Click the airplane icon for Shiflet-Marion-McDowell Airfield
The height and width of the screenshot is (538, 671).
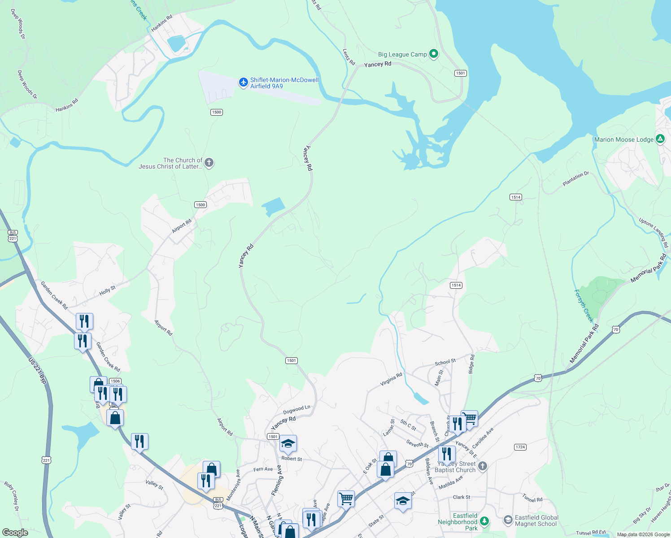coord(244,82)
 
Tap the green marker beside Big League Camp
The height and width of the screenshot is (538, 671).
coord(433,54)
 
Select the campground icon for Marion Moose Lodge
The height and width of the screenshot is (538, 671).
coord(660,139)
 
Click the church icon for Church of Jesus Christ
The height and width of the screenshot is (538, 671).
coord(209,163)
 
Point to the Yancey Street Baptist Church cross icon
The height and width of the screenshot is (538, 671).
coord(482,466)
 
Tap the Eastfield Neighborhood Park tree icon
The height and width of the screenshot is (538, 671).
coord(484,521)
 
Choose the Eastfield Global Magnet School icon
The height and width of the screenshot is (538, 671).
coord(508,520)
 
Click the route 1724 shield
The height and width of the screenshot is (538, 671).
coord(520,447)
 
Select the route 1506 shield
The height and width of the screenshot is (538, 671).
coord(115,381)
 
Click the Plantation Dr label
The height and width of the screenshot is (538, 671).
coord(575,179)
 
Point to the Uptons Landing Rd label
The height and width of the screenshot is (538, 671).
coord(654,232)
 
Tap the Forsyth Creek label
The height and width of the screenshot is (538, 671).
coord(584,306)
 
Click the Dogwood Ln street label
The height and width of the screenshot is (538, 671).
coord(296,410)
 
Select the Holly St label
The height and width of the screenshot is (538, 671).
coord(107,291)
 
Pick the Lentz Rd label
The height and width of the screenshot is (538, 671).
coord(349,57)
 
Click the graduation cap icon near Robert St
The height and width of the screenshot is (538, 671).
coord(288,444)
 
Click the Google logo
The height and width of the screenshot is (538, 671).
coord(15,533)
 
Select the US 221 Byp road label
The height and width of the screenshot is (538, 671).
coord(37,370)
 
